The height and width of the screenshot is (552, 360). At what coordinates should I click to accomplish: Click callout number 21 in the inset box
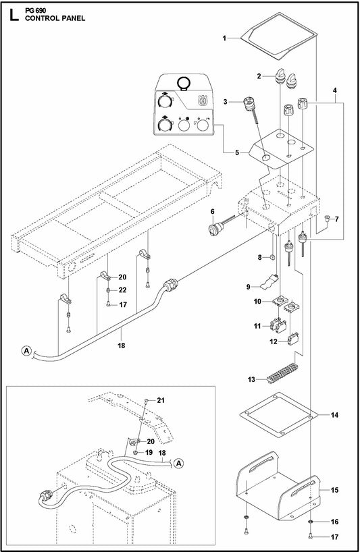tap(160, 400)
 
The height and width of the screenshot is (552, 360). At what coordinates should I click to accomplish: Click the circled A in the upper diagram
tap(26, 350)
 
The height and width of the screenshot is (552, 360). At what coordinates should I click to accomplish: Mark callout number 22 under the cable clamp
tap(122, 289)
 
